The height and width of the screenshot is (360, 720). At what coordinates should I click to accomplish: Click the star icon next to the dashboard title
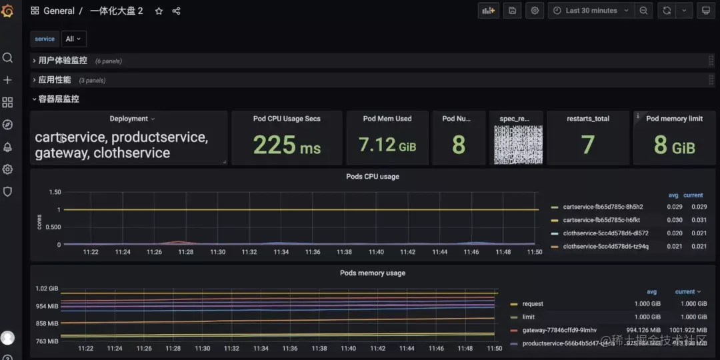click(159, 11)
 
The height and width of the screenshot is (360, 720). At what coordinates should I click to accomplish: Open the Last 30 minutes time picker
click(591, 11)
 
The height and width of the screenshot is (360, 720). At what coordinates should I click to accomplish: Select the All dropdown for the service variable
click(73, 39)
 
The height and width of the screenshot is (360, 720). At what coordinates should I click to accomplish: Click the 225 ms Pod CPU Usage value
click(287, 145)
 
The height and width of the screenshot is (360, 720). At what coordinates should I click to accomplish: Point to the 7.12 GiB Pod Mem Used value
click(387, 145)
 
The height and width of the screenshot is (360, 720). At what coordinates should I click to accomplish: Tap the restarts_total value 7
click(587, 145)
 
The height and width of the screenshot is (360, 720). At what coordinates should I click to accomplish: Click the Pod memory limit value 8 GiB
click(674, 145)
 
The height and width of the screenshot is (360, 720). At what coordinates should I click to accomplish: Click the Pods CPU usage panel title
click(373, 177)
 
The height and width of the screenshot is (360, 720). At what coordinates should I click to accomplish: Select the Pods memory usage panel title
click(372, 273)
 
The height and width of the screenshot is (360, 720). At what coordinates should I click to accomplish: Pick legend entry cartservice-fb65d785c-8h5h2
click(602, 207)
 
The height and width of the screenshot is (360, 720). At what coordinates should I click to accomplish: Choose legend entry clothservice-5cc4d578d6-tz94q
click(605, 247)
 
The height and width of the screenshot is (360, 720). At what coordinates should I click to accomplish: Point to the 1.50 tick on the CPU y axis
click(54, 192)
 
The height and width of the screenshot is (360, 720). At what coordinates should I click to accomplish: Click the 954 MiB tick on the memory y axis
click(47, 307)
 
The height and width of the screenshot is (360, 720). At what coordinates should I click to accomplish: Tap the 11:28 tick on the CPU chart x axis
click(186, 252)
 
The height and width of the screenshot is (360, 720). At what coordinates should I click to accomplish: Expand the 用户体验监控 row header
click(62, 61)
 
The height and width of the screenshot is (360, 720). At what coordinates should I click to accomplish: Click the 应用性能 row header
click(54, 80)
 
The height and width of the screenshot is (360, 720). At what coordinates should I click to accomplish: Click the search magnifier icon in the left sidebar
click(8, 58)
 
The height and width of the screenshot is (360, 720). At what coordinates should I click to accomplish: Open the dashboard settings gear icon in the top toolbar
click(535, 11)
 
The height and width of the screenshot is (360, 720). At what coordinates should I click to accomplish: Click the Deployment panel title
click(129, 119)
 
